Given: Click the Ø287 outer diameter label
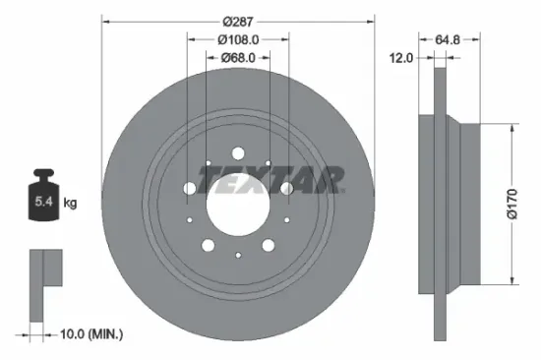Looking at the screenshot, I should [x=239, y=21].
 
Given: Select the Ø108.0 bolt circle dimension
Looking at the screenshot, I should [x=238, y=40].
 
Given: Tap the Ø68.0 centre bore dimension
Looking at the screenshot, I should [x=238, y=57].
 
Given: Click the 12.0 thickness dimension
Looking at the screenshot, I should [x=402, y=58].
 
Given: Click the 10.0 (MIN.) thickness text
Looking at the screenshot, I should [x=86, y=335].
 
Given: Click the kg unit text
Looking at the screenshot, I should [x=70, y=204].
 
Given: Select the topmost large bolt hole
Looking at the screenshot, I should [x=238, y=153].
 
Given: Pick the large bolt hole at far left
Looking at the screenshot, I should [x=190, y=188].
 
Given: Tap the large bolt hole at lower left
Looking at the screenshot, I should [x=209, y=245].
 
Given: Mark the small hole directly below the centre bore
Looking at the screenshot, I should [x=238, y=256].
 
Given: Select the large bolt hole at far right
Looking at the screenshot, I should [x=286, y=188].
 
